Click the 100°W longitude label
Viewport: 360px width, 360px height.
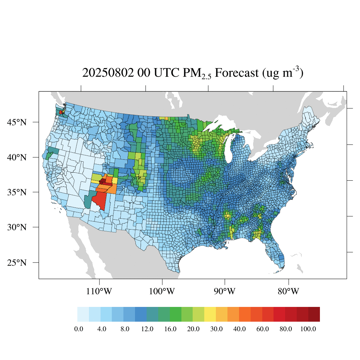pyautogui.click(x=162, y=291)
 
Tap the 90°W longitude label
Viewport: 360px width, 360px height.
pyautogui.click(x=225, y=291)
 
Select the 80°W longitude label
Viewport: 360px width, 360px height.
pyautogui.click(x=289, y=291)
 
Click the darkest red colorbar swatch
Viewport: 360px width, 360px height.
pyautogui.click(x=314, y=314)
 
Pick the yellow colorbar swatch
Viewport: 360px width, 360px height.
pyautogui.click(x=210, y=314)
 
